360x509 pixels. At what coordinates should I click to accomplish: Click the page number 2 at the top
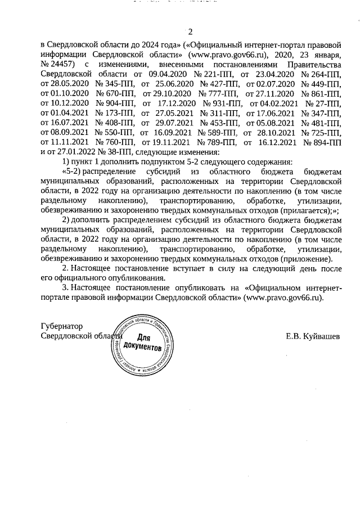[x=190, y=31]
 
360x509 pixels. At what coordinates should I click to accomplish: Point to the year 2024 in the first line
[x=124, y=42]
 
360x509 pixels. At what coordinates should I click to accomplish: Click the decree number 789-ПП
[x=218, y=143]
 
